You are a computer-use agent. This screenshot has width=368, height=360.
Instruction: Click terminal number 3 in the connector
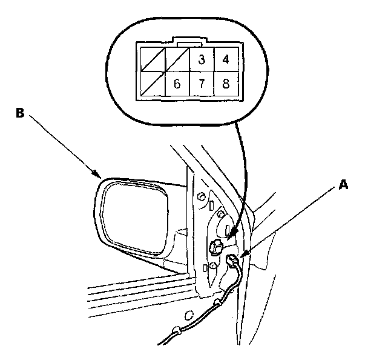(201, 60)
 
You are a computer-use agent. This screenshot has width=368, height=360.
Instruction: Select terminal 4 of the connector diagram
(226, 60)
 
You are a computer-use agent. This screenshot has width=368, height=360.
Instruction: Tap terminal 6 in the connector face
(177, 84)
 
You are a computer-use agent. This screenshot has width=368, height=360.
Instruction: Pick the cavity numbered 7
(201, 84)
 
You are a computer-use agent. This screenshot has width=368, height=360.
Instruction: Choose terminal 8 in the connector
(226, 84)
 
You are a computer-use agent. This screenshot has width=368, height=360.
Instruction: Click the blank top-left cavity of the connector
(152, 60)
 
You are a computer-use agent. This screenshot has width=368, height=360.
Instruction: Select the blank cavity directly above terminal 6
(177, 60)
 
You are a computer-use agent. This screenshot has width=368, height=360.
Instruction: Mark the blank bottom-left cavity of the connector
(152, 84)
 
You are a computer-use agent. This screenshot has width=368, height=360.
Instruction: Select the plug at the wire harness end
(232, 261)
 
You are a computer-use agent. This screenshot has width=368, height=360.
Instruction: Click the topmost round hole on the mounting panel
(200, 195)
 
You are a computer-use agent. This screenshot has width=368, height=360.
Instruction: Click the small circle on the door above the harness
(189, 315)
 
